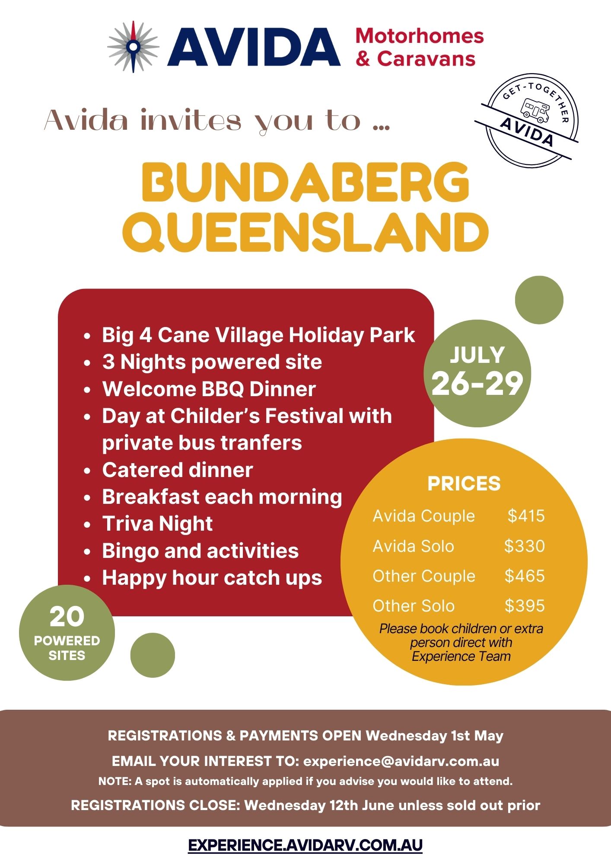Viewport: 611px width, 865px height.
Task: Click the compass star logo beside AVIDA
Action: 134,46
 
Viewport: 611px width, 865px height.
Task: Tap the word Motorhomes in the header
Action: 420,35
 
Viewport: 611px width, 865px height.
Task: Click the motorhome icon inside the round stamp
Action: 535,110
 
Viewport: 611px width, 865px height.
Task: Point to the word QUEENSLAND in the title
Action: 305,232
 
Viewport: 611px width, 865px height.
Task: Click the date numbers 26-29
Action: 477,384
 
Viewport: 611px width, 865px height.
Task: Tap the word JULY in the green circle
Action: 477,355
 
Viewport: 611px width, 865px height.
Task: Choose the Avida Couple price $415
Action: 526,516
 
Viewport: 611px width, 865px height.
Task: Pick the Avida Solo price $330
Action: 525,546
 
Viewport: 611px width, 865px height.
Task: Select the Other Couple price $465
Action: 525,576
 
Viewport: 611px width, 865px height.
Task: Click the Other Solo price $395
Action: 525,605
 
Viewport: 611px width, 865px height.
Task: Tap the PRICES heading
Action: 464,484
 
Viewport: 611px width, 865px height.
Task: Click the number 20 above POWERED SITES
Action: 67,617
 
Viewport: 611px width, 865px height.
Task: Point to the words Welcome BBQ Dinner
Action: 209,389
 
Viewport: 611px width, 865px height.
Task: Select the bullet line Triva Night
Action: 157,524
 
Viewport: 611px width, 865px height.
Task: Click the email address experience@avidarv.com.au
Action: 401,761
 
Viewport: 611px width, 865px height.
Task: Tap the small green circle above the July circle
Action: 539,300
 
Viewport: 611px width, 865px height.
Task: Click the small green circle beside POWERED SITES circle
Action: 153,655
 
